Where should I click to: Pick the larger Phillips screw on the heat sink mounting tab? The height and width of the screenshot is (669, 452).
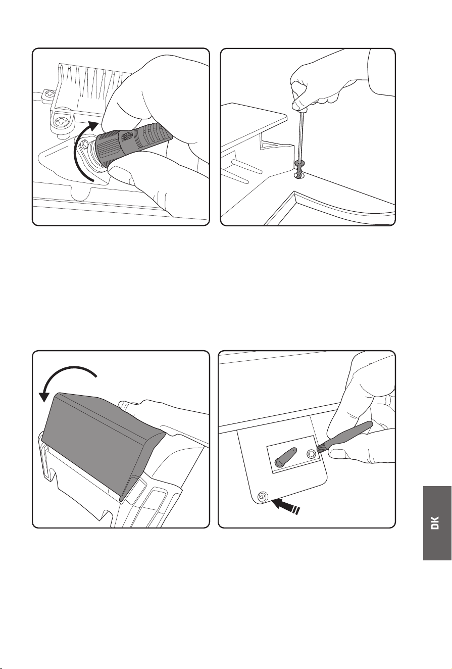tap(64, 122)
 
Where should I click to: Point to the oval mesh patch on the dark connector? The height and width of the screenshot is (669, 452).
tap(126, 136)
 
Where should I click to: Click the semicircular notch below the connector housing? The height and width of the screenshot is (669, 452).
tap(81, 193)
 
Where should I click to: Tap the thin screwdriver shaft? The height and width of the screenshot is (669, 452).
tap(300, 135)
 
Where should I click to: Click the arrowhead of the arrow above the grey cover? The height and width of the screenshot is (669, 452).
tap(45, 397)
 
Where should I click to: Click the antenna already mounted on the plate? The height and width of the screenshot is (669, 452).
tap(286, 456)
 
